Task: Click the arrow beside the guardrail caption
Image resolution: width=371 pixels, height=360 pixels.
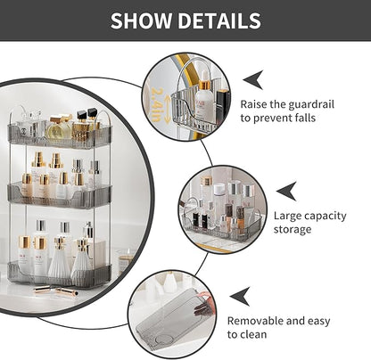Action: click(252, 78)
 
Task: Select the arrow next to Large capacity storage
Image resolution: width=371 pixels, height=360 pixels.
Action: click(285, 191)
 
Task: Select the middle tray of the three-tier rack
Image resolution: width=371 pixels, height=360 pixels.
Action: click(62, 192)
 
